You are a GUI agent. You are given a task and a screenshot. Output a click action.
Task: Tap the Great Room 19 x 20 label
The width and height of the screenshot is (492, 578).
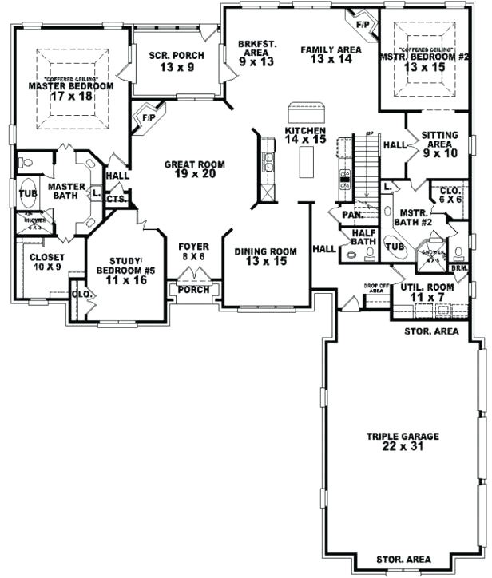194,170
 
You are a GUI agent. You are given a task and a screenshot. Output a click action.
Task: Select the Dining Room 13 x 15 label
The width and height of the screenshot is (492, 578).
265,256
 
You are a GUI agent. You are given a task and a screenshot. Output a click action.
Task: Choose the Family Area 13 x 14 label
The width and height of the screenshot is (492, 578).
331,55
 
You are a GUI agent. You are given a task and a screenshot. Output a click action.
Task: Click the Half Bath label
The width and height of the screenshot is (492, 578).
363,237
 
